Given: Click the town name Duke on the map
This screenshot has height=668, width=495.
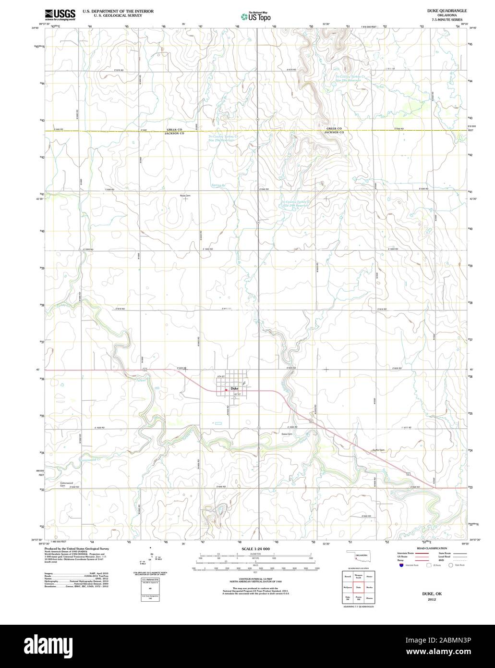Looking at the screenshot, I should coord(234,388).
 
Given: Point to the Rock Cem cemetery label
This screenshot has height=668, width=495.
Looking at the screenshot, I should coord(185,196).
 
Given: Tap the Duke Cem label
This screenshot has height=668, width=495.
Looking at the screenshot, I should coord(287,433).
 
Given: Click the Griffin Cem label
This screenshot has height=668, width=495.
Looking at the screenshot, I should coord(379,450).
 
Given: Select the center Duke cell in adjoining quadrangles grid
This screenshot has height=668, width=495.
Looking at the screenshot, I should coord(358,587).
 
